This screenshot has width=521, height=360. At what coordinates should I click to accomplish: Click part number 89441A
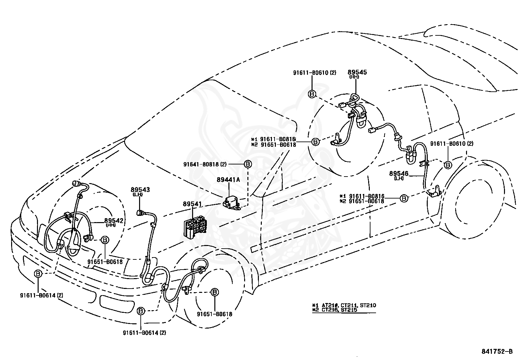click(x=228, y=180)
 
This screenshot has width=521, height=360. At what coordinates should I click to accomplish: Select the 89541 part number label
click(x=192, y=204)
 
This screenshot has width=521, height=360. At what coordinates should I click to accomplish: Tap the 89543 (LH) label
click(x=140, y=192)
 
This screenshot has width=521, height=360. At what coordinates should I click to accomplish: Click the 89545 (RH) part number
click(x=357, y=74)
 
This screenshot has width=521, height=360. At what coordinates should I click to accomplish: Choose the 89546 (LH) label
click(x=399, y=175)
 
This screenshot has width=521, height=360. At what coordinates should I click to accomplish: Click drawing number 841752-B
click(x=497, y=351)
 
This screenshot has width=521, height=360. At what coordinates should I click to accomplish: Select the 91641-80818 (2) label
click(x=205, y=164)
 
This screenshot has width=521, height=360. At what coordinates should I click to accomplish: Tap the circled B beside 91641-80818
click(x=248, y=164)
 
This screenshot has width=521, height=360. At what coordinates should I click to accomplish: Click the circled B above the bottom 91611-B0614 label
click(x=141, y=311)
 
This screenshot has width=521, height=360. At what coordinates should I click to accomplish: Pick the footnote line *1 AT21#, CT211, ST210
click(x=344, y=305)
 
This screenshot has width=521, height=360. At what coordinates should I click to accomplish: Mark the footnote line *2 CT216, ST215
click(x=334, y=310)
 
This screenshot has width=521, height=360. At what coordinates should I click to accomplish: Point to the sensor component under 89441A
click(x=231, y=203)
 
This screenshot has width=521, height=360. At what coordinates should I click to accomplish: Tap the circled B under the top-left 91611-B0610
click(x=312, y=94)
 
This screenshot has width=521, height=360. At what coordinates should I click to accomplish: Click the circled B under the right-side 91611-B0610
click(x=448, y=165)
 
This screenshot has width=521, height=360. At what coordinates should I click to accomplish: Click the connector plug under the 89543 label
click(x=140, y=213)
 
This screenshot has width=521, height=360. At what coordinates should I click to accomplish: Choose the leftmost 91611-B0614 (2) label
click(x=42, y=295)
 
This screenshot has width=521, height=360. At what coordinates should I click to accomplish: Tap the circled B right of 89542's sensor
click(x=105, y=240)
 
